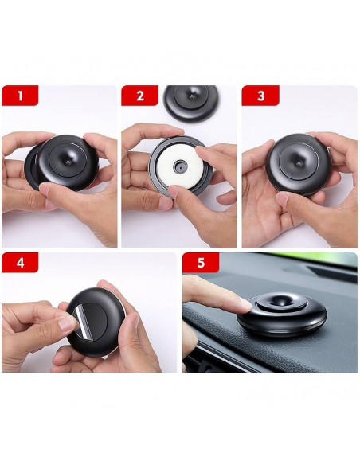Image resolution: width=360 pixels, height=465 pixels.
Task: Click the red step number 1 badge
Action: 20,96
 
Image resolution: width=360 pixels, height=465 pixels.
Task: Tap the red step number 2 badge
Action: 139,96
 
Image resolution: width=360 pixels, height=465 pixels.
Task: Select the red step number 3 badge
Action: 260,96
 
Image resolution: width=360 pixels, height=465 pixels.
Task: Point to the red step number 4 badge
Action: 20,263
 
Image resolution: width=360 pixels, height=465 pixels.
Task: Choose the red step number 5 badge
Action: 201,263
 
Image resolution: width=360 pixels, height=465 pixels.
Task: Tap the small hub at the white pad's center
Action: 180,167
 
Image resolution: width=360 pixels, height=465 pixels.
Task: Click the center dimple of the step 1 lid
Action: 68,162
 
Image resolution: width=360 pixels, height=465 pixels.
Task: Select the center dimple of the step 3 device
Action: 299,162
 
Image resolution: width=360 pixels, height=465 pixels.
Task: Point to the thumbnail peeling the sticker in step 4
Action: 68,322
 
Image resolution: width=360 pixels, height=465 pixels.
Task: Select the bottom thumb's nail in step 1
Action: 45,190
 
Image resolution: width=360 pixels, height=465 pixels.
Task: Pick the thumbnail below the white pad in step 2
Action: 173,193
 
